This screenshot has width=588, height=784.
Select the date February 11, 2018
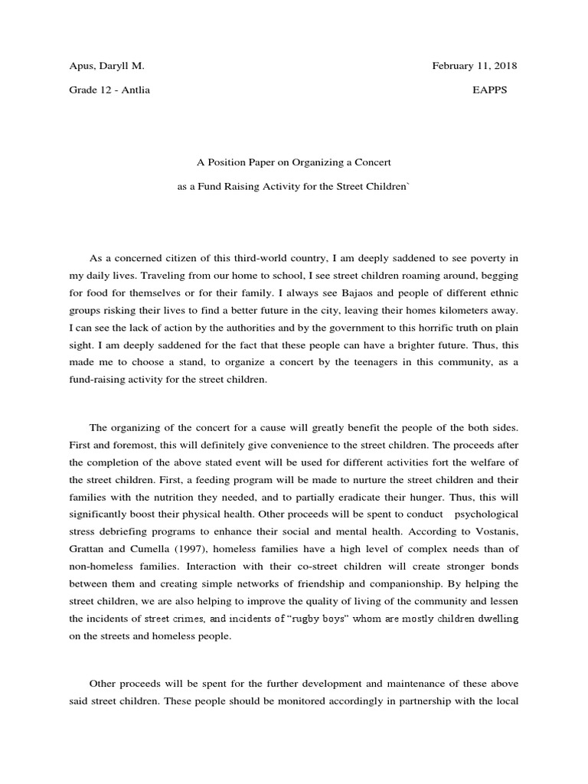(475, 66)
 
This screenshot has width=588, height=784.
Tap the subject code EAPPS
(489, 90)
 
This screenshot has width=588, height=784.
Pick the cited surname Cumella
(151, 547)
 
